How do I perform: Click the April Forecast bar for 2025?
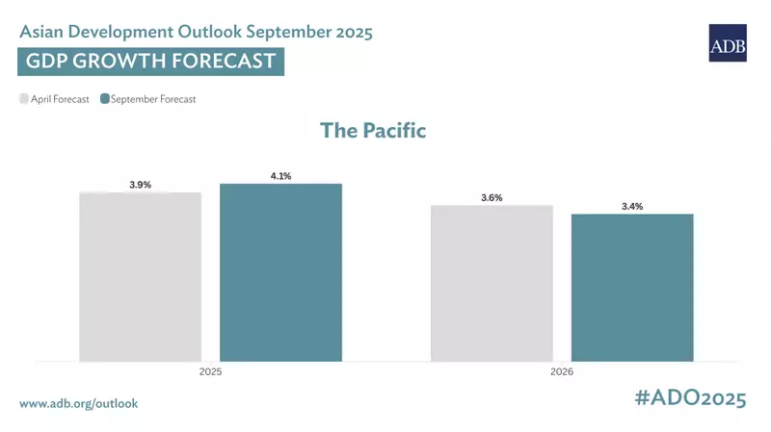tap(141, 277)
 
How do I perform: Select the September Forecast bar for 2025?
tap(280, 272)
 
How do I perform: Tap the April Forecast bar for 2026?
tap(492, 283)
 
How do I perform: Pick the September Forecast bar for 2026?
tap(632, 288)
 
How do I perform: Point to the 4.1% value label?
tap(280, 176)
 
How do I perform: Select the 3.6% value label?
tap(492, 197)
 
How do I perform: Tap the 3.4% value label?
tap(632, 206)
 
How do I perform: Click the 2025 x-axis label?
tap(210, 370)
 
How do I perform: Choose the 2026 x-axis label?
tap(562, 370)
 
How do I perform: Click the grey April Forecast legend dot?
tap(24, 98)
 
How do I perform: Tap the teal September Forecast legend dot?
tap(105, 98)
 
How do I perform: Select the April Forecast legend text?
tap(61, 98)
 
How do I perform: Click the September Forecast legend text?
tap(153, 98)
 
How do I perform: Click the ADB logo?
tap(728, 43)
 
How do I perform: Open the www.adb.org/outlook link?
tap(79, 403)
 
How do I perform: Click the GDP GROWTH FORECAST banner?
tap(150, 62)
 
